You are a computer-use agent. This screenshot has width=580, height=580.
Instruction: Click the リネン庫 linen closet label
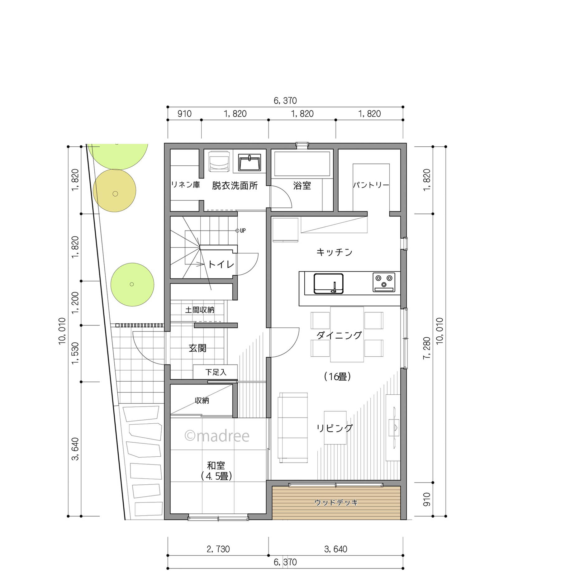(x=186, y=185)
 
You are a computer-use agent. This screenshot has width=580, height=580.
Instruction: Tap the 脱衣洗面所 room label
(x=235, y=186)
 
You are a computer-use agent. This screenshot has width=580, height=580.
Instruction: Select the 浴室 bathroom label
(x=302, y=186)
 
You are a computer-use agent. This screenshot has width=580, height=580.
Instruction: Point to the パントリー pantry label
(x=371, y=185)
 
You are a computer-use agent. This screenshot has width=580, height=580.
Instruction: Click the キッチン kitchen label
(x=334, y=252)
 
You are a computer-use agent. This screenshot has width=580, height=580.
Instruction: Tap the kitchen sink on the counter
(x=329, y=283)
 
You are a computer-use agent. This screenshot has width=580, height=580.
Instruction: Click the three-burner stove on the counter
(x=384, y=282)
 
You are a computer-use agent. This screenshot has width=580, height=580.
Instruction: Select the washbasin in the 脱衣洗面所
(x=250, y=162)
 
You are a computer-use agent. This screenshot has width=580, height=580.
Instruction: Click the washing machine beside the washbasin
(x=220, y=161)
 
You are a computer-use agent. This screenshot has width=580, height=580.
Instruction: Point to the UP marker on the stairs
(x=241, y=231)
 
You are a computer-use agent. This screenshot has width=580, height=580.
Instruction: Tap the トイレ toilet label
(x=221, y=264)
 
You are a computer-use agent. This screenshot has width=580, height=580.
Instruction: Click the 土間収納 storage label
(x=200, y=310)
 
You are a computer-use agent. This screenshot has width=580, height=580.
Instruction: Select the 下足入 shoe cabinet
(x=215, y=372)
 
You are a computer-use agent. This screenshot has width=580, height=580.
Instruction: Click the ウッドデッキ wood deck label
(x=336, y=502)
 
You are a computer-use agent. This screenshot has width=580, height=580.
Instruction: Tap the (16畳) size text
(x=338, y=377)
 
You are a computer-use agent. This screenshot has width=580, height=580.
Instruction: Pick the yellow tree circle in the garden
(x=115, y=191)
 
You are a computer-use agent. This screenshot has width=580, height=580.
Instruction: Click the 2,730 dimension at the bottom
(x=218, y=549)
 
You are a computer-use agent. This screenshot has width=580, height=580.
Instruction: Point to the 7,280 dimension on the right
(x=427, y=348)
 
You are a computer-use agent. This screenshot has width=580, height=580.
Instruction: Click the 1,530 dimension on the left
(x=75, y=353)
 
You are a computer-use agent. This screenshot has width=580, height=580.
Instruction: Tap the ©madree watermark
(x=217, y=436)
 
